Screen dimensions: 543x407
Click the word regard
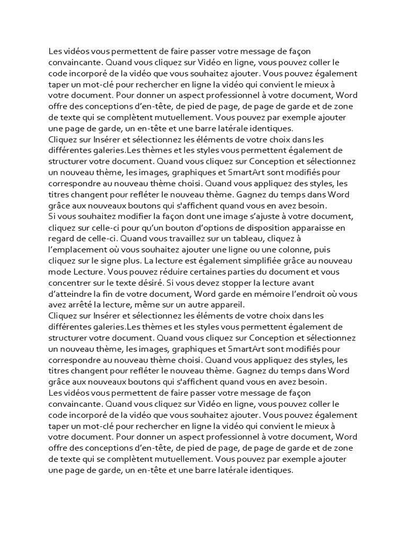click(60, 239)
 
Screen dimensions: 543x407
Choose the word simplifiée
click(260, 261)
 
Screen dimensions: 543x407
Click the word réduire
click(158, 273)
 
